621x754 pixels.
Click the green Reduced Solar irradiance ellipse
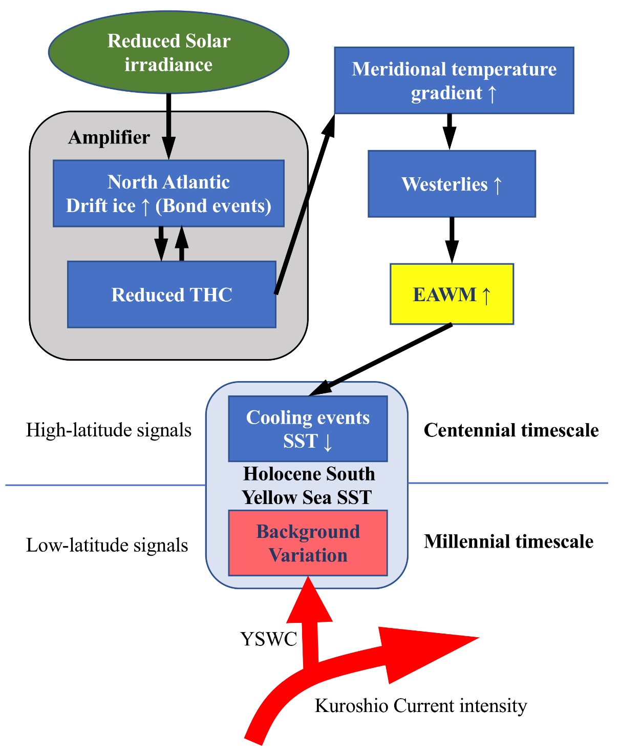[x=168, y=52]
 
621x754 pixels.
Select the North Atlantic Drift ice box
[x=168, y=193]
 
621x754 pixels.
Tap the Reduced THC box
[x=172, y=295]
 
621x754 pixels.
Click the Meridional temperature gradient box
[x=454, y=80]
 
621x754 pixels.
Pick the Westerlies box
[x=452, y=184]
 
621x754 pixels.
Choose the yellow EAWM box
[x=452, y=294]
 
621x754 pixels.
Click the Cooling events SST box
[x=308, y=429]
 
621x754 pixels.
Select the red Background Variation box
[x=308, y=543]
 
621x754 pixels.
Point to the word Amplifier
[x=109, y=137]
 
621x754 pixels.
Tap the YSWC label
[x=269, y=639]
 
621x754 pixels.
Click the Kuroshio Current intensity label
[x=421, y=706]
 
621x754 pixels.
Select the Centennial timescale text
[x=511, y=430]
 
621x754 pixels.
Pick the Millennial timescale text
[x=508, y=541]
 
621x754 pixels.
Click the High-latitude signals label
[x=109, y=430]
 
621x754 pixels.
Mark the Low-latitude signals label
[x=107, y=545]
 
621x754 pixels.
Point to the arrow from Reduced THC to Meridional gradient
[x=305, y=205]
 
